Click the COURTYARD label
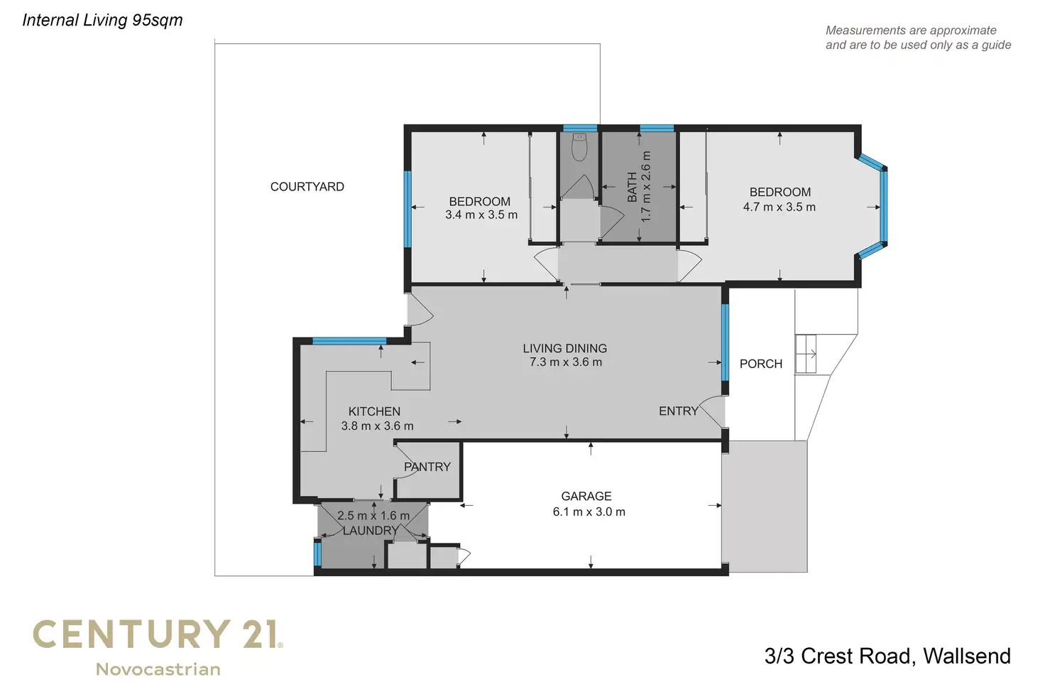[x=307, y=187]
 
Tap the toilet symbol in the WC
[x=579, y=147]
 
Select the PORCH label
[x=760, y=364]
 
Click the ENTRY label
[x=678, y=411]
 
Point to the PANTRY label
[x=427, y=467]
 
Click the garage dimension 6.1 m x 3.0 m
[x=589, y=512]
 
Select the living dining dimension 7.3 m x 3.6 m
[x=565, y=362]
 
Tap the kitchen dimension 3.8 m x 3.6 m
[x=377, y=426]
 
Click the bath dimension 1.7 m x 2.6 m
[x=645, y=187]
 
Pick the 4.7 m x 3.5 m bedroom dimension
[x=779, y=207]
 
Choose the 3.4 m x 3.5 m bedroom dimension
[x=481, y=215]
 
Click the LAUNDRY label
[x=371, y=530]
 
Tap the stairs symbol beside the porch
[x=806, y=354]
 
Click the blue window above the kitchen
[x=349, y=341]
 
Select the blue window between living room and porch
[x=725, y=342]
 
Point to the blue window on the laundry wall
[x=317, y=553]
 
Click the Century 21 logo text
[x=158, y=634]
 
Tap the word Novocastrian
[x=158, y=669]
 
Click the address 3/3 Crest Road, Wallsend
[x=887, y=656]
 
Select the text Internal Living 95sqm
[x=102, y=20]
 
